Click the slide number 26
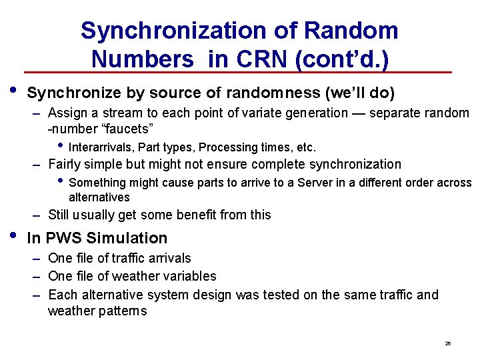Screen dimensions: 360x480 point(448,343)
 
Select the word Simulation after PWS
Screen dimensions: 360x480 point(127,238)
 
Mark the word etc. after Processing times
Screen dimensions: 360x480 point(306,147)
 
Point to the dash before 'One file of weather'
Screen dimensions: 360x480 point(39,276)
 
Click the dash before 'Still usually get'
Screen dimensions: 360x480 point(39,215)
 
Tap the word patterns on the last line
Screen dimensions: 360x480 point(124,311)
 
